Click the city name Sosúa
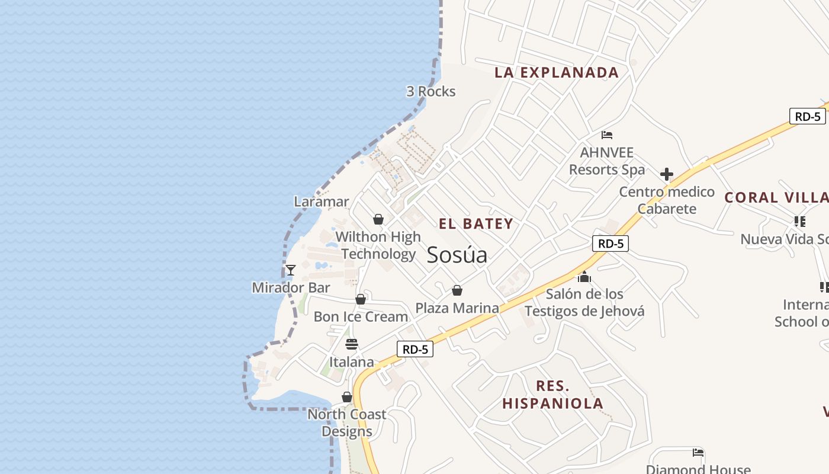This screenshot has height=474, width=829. point(457,255)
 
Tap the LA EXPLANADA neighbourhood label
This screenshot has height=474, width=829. point(557,73)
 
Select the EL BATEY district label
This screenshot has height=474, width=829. point(476,224)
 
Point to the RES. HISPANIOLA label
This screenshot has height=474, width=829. point(553,395)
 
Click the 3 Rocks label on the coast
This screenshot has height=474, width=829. point(431,91)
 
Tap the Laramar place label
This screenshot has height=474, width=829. point(322,201)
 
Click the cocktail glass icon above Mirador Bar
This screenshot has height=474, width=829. point(291,270)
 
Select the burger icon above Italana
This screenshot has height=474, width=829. point(352,344)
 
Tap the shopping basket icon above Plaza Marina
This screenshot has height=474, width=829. point(457,290)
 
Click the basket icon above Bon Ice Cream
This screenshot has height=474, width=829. point(361,299)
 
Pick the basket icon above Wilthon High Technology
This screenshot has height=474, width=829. point(378,220)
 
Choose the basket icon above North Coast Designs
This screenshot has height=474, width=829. point(347,397)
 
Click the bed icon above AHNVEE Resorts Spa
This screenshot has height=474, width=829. point(607,135)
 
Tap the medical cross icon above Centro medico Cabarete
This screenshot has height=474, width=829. point(667,174)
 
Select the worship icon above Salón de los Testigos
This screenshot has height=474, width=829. point(584,277)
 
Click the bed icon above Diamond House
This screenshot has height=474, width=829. point(698,453)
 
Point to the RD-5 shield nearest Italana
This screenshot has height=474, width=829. point(415,350)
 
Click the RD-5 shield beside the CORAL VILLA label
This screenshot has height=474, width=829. point(808,116)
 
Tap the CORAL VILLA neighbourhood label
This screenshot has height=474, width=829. point(776,198)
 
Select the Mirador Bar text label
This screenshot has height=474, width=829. point(291,288)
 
